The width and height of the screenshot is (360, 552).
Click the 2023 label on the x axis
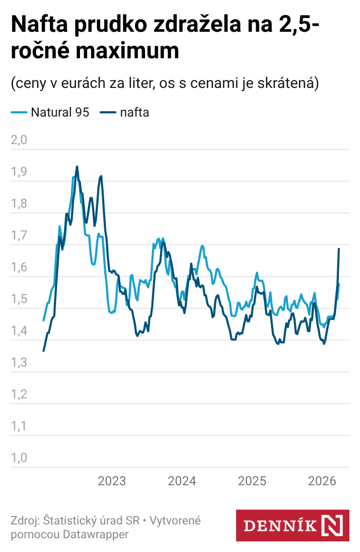[x=112, y=481]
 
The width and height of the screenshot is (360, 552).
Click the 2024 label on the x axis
[x=182, y=481]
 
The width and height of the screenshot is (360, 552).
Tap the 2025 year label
[x=252, y=481]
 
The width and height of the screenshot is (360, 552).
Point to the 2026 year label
[x=322, y=481]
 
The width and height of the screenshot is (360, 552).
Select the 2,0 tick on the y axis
[x=19, y=140]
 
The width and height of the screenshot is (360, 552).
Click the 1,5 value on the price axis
[x=19, y=299]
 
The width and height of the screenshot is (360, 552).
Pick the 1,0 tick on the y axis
[x=19, y=458]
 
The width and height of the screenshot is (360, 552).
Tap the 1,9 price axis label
[x=19, y=172]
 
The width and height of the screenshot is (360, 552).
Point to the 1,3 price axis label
[x=19, y=363]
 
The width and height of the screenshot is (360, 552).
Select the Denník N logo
[x=292, y=526]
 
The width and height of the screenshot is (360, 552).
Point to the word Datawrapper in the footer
[x=96, y=535]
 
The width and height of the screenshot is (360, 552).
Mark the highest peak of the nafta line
[x=77, y=166]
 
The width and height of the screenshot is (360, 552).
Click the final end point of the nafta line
[x=339, y=248]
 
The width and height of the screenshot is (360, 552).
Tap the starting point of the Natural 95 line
[x=43, y=320]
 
